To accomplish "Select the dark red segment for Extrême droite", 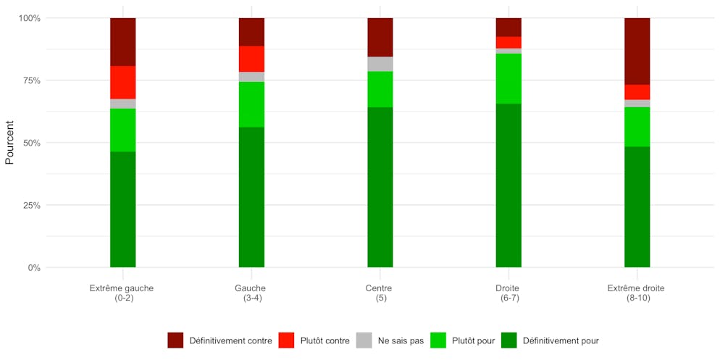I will pyautogui.click(x=637, y=51).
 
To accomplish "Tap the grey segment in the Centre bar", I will pyautogui.click(x=380, y=64).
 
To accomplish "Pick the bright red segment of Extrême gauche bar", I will pyautogui.click(x=122, y=82).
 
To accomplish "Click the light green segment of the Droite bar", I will pyautogui.click(x=508, y=78).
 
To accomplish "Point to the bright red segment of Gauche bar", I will pyautogui.click(x=251, y=59).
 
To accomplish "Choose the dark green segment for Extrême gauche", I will pyautogui.click(x=122, y=209).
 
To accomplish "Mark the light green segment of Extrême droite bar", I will pyautogui.click(x=637, y=127).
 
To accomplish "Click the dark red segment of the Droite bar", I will pyautogui.click(x=508, y=27).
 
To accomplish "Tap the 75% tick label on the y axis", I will pyautogui.click(x=30, y=80).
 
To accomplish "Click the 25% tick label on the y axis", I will pyautogui.click(x=30, y=205).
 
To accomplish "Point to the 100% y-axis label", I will pyautogui.click(x=28, y=18).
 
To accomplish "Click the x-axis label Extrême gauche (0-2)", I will pyautogui.click(x=122, y=293).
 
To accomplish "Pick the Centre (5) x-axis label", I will pyautogui.click(x=380, y=293).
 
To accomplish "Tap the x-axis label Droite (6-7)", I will pyautogui.click(x=508, y=293).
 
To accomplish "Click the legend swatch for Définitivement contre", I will pyautogui.click(x=175, y=340).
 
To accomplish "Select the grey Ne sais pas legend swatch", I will pyautogui.click(x=364, y=340).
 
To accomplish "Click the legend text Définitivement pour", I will pyautogui.click(x=561, y=340).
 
